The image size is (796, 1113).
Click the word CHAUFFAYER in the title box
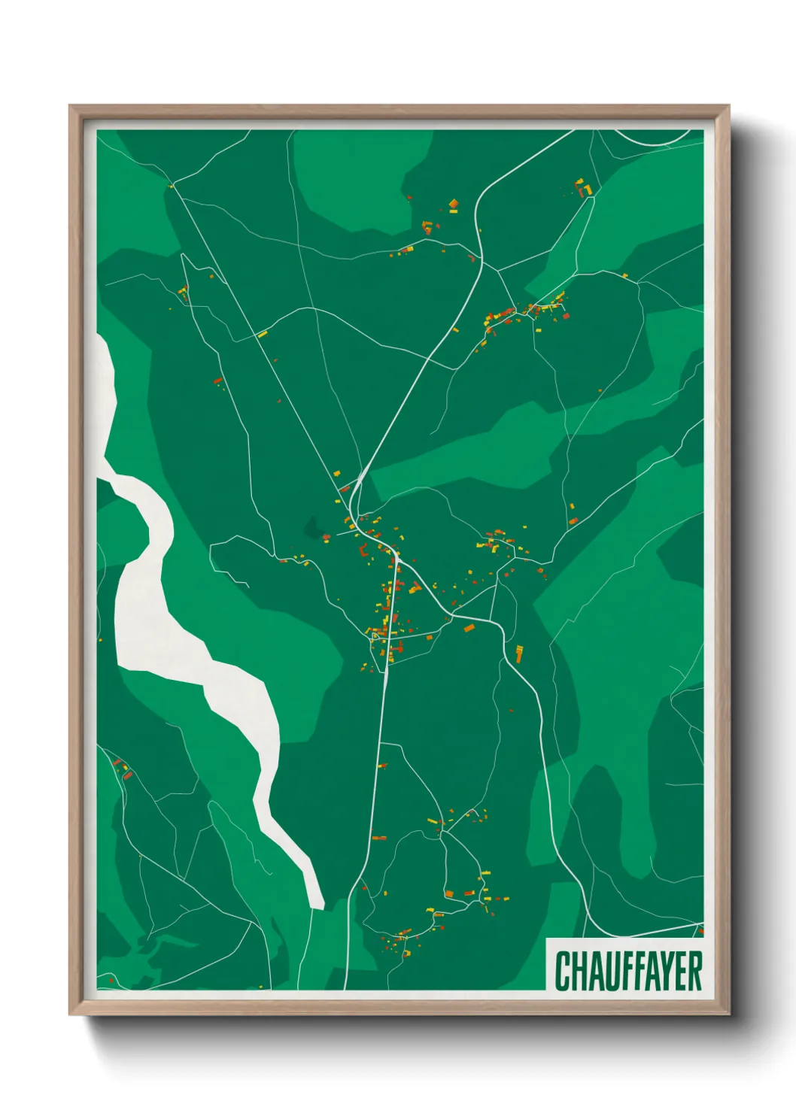click(x=628, y=971)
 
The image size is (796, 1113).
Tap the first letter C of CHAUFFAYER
click(x=561, y=971)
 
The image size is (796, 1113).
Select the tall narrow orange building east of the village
click(x=519, y=653)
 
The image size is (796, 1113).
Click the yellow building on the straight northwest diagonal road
click(x=263, y=334)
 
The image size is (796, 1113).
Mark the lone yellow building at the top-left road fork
click(x=172, y=185)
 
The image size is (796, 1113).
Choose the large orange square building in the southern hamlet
click(x=449, y=893)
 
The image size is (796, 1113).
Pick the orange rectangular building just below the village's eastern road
click(x=469, y=627)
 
